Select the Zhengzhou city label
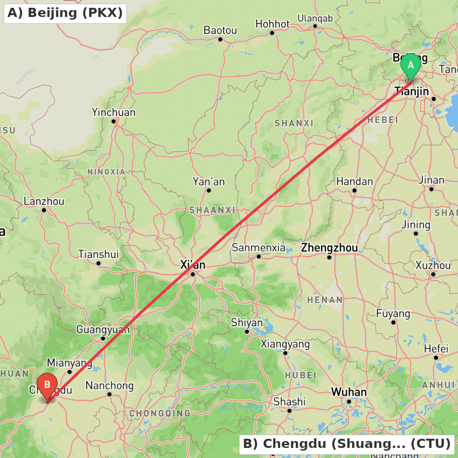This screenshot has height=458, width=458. pos(329,248)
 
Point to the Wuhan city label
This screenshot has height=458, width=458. pos(349,392)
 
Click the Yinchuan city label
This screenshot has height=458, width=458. pos(114,112)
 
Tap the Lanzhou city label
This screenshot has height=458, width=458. pos(44,201)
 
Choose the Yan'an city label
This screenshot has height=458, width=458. pos(209,182)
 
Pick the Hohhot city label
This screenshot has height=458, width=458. pos(273,24)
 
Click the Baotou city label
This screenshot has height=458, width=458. pos(220,30)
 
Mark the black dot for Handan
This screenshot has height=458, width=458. pos(354,190)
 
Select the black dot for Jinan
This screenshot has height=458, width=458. pos(431,189)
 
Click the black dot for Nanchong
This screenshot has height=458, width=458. pos(109,394)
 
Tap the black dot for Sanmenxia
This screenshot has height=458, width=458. pos(259,256)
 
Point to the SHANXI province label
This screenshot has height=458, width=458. pos(294,123)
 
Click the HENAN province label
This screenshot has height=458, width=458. pos(325,300)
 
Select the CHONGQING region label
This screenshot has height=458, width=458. pos(160,414)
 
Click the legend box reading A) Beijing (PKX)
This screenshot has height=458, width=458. pos(65,13)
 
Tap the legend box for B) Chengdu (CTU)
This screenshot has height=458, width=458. pos(347,444)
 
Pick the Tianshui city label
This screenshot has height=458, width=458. pos(98,254)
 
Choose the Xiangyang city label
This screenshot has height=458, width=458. pos(285,344)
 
